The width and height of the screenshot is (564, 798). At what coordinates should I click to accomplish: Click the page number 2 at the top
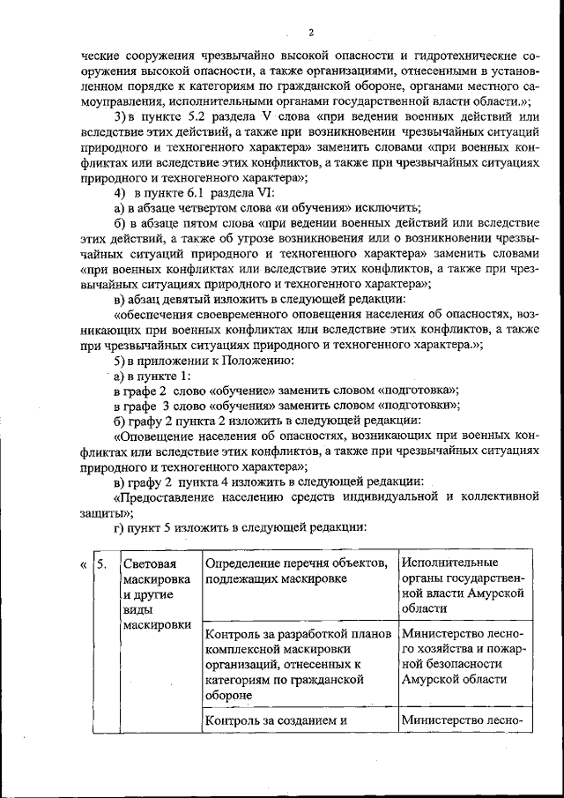click(x=311, y=34)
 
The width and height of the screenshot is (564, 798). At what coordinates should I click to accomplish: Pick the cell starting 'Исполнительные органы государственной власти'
click(x=463, y=585)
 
